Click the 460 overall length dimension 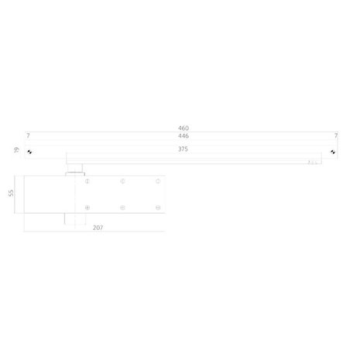(x=183, y=128)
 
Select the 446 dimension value (x=183, y=135)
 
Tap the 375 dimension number (x=183, y=150)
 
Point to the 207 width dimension (x=98, y=229)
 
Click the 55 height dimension (x=12, y=194)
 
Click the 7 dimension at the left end (x=28, y=135)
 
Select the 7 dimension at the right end (x=335, y=135)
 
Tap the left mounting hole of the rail (x=29, y=151)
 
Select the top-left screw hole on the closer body (x=87, y=182)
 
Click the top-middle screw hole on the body (x=122, y=182)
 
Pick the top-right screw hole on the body (x=157, y=182)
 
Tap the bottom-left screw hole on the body (x=87, y=207)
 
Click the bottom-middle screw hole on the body (x=122, y=207)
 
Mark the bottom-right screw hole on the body (x=157, y=207)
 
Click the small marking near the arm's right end (x=313, y=163)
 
